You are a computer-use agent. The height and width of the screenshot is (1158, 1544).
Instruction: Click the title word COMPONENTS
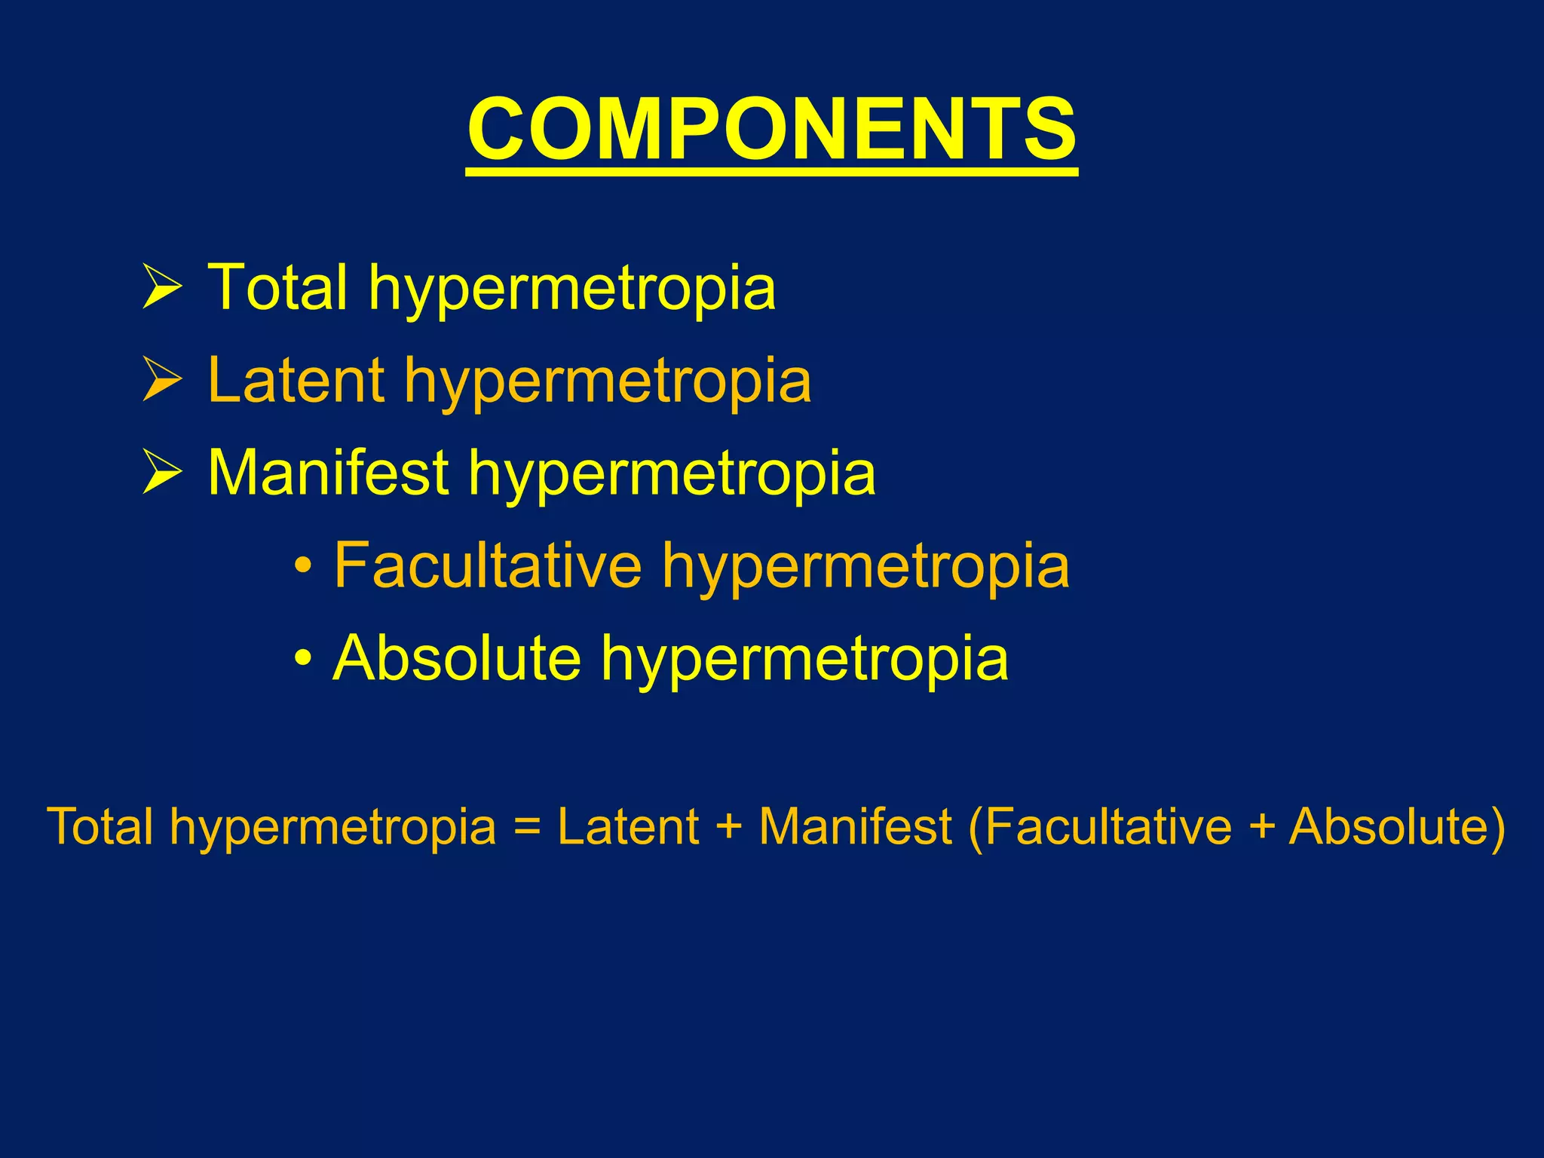click(772, 130)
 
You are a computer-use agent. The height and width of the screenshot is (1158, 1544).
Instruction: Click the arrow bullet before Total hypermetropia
click(162, 286)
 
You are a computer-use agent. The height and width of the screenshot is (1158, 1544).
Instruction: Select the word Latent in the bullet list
click(296, 380)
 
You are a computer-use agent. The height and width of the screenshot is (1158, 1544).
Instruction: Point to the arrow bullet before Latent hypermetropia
click(162, 380)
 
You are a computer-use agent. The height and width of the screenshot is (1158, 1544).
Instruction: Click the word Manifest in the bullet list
click(329, 473)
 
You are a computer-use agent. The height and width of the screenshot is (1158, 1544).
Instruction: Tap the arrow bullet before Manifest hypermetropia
click(162, 473)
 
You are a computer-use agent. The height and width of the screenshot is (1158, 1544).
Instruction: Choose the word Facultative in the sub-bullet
click(488, 565)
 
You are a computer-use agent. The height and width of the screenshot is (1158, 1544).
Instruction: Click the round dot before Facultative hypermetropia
click(303, 566)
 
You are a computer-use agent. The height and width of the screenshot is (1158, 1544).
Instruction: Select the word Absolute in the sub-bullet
click(457, 657)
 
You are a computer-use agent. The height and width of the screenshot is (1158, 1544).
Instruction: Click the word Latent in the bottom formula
click(628, 826)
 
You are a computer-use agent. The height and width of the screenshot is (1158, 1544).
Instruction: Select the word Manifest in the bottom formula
click(855, 826)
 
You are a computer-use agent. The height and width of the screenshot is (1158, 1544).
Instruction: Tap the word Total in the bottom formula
click(100, 826)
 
